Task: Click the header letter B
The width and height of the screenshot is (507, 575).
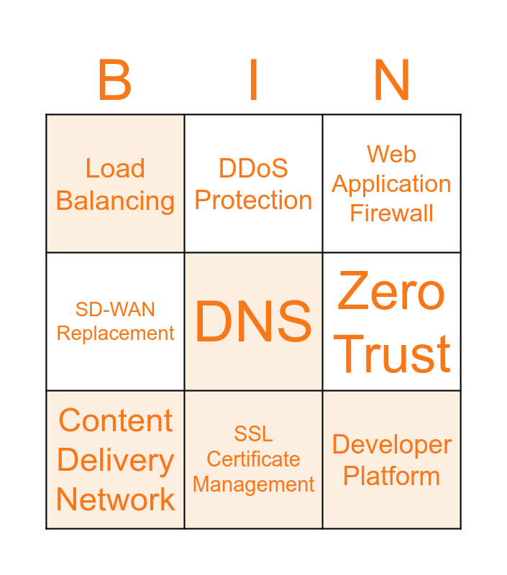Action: click(x=114, y=80)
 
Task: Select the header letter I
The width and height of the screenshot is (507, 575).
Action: click(x=253, y=80)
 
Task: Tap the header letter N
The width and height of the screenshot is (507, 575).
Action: click(x=392, y=80)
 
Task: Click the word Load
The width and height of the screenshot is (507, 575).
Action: click(x=115, y=168)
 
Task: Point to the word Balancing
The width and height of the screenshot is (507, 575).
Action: click(x=115, y=201)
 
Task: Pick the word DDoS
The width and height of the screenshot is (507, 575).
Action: click(x=253, y=168)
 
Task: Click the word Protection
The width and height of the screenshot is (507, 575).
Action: click(x=253, y=200)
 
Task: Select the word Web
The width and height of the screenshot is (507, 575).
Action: click(x=391, y=154)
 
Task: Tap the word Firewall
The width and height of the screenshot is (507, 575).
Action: click(x=391, y=213)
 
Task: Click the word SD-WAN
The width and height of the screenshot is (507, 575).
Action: click(x=115, y=310)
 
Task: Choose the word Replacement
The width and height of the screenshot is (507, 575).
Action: click(x=115, y=333)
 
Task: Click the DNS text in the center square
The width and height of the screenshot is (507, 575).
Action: click(x=253, y=322)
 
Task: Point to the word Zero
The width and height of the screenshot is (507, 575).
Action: click(x=391, y=291)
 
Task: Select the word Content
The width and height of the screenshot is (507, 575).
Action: click(x=115, y=420)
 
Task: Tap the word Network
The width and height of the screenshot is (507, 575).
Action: click(x=115, y=499)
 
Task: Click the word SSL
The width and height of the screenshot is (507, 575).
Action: click(x=253, y=433)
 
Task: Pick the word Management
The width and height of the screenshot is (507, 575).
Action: click(x=253, y=485)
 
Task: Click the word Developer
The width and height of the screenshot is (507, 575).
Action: click(x=391, y=445)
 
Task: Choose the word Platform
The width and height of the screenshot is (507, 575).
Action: click(x=391, y=476)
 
